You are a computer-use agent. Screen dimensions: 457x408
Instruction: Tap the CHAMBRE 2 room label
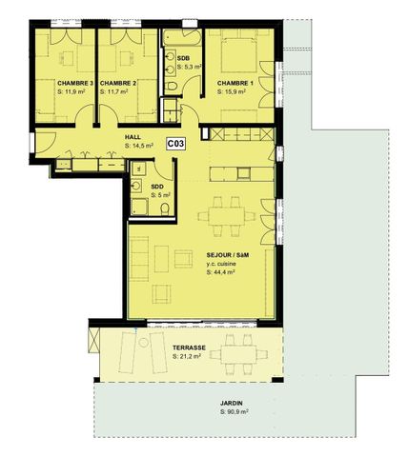(120, 84)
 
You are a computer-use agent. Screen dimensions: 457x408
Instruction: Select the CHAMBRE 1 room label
(235, 84)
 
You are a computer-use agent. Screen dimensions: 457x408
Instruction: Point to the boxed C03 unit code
(175, 145)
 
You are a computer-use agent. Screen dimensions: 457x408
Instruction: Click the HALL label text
(133, 136)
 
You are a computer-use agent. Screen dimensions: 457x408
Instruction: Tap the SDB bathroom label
(184, 59)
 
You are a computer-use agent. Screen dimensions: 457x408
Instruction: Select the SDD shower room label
(157, 187)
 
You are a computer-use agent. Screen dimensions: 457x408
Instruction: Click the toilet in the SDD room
(165, 207)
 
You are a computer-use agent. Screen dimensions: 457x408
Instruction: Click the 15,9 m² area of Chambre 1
(235, 93)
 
